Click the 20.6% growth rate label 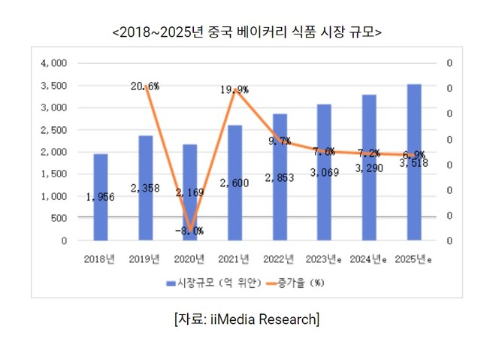(144, 86)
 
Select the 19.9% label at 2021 (234, 90)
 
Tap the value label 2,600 (234, 183)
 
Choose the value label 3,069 (324, 173)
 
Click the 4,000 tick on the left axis (55, 63)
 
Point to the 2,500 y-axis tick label (55, 130)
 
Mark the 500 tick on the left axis (59, 219)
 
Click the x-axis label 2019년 (144, 259)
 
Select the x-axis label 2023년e (325, 259)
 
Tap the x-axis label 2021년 (234, 259)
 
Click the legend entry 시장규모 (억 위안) (213, 283)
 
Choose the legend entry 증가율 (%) (300, 283)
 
